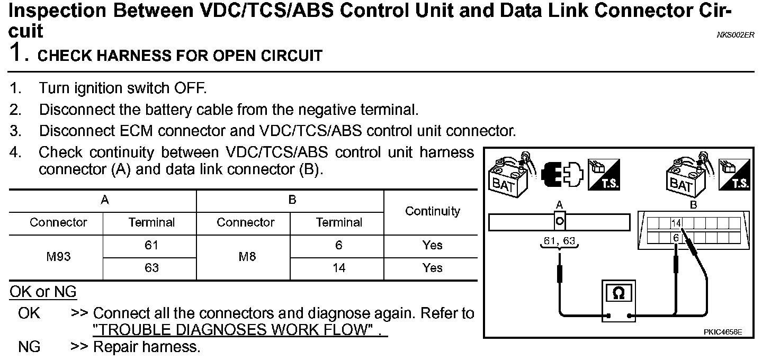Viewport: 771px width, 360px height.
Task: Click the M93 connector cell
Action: click(x=58, y=257)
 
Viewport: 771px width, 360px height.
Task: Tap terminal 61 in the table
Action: click(x=151, y=246)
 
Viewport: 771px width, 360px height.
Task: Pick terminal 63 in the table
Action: click(x=151, y=268)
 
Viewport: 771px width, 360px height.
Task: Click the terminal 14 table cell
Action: click(x=338, y=268)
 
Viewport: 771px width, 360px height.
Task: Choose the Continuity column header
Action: click(x=432, y=211)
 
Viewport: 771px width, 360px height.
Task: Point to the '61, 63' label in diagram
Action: click(x=559, y=242)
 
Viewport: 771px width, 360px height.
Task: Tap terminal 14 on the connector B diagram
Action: click(x=676, y=223)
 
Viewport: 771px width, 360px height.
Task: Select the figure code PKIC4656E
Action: click(x=723, y=332)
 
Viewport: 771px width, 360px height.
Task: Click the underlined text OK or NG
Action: click(x=43, y=292)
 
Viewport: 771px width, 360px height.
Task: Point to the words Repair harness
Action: click(x=147, y=347)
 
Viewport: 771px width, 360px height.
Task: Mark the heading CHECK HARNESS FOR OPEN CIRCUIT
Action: click(x=180, y=56)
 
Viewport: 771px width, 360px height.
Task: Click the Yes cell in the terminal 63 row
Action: click(x=432, y=268)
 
